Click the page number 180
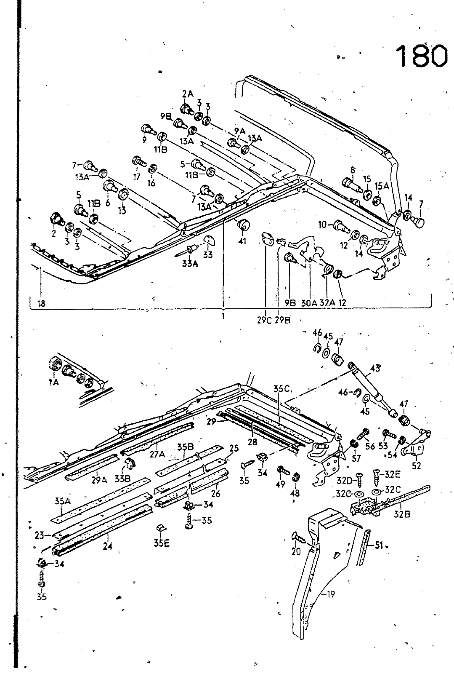421,55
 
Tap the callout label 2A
188,94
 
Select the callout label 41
242,241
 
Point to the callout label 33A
189,264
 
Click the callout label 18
41,303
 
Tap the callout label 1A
54,382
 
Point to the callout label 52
417,466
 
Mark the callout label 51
379,546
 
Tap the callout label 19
330,594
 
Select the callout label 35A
62,502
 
